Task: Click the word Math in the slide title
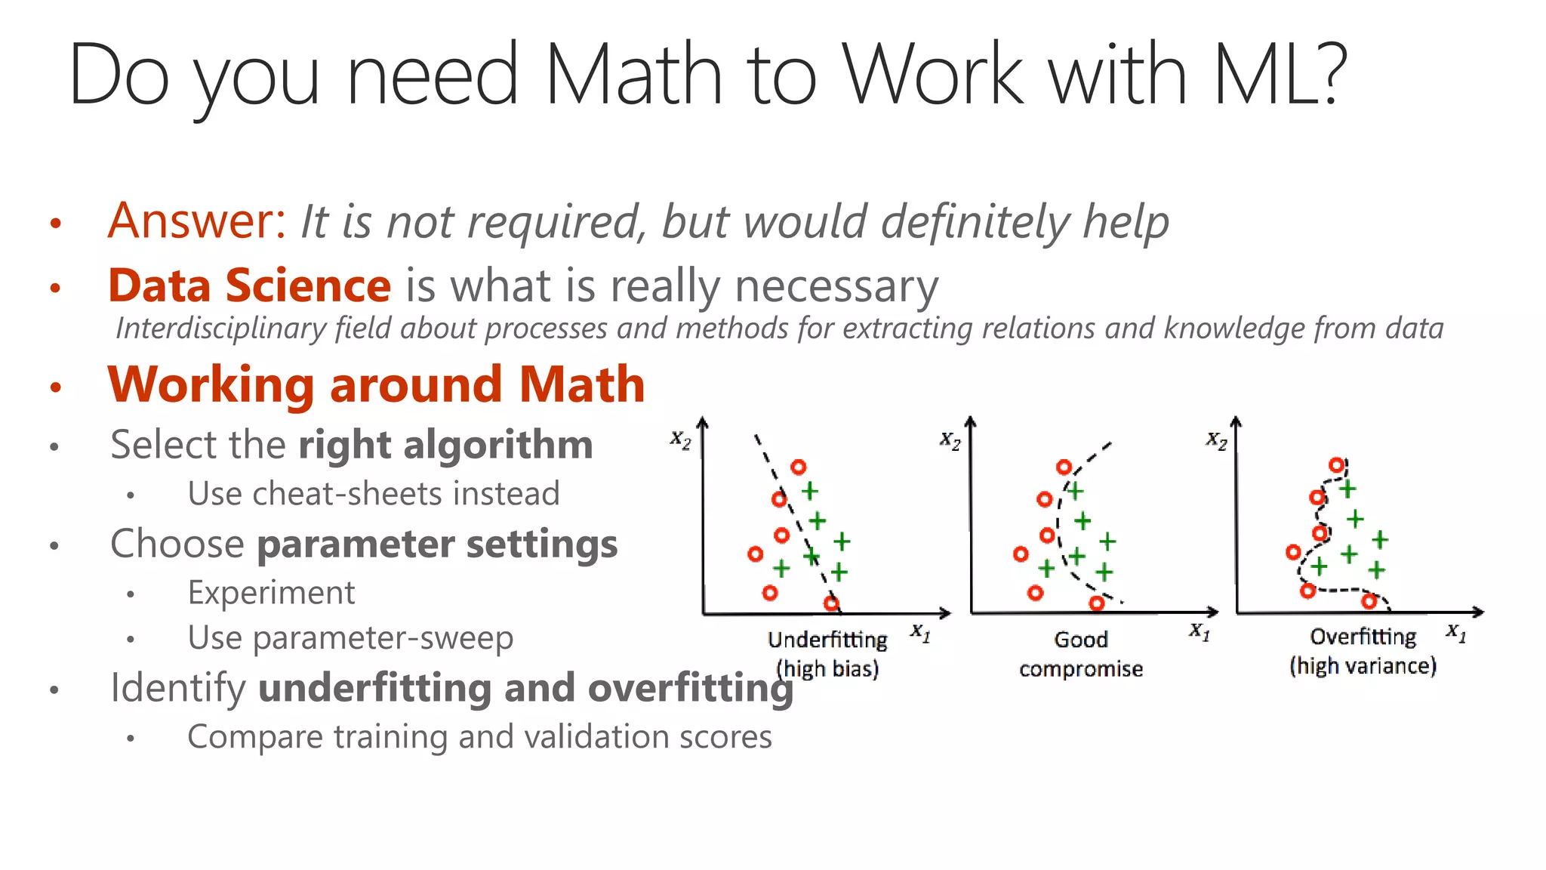pos(633,75)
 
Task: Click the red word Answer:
pos(197,221)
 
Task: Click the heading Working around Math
pos(376,384)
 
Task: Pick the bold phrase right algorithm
pos(445,445)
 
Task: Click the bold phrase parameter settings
pos(437,544)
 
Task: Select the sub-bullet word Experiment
pos(271,593)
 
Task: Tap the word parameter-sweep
pos(382,638)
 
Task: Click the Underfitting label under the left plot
pos(827,640)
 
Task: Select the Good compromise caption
pos(1080,654)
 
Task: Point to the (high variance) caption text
pos(1363,666)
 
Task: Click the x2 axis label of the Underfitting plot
pos(680,440)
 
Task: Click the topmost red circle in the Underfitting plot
pos(798,467)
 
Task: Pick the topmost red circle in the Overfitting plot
pos(1337,464)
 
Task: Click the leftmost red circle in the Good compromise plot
pos(1021,554)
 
